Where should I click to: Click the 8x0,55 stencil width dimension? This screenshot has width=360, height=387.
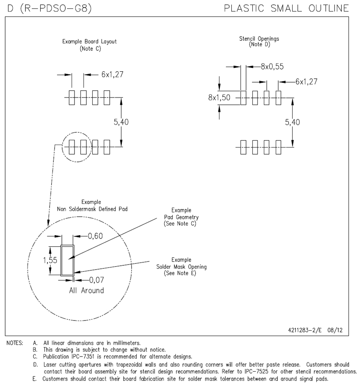pyautogui.click(x=272, y=66)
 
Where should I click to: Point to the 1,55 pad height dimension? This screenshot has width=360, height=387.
pyautogui.click(x=50, y=260)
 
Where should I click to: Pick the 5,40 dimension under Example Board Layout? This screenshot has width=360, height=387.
pyautogui.click(x=121, y=122)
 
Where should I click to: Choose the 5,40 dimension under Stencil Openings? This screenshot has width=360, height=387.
pyautogui.click(x=293, y=122)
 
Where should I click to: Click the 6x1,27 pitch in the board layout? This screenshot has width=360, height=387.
pyautogui.click(x=112, y=74)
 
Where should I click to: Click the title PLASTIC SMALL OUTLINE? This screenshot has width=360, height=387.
pyautogui.click(x=287, y=8)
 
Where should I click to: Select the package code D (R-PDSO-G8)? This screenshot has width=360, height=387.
pyautogui.click(x=50, y=8)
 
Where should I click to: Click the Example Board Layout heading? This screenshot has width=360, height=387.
pyautogui.click(x=89, y=42)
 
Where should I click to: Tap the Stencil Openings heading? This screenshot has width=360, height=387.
pyautogui.click(x=259, y=39)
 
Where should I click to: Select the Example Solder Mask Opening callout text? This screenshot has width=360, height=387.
pyautogui.click(x=181, y=267)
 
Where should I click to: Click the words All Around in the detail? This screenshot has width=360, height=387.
pyautogui.click(x=86, y=291)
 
